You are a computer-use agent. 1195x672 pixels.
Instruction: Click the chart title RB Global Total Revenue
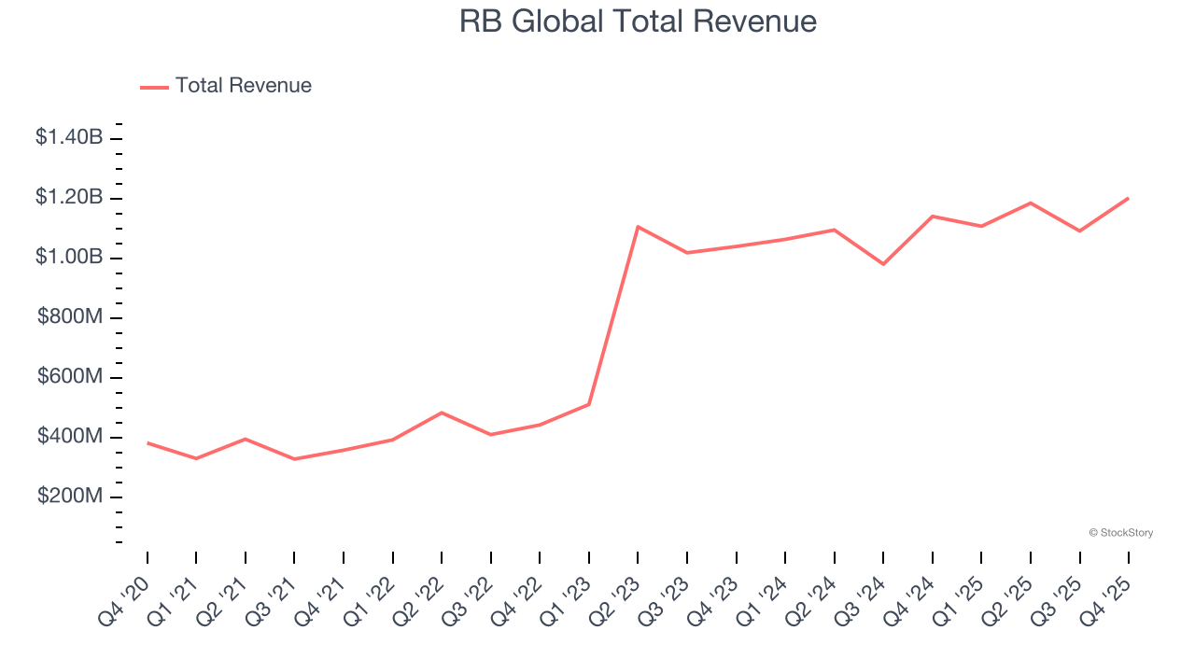638,21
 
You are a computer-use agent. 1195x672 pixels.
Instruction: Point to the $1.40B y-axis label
69,138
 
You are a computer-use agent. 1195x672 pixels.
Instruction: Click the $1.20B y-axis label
69,198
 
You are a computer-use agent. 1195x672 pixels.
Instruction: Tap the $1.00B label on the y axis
69,258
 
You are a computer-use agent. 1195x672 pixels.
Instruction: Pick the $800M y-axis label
71,317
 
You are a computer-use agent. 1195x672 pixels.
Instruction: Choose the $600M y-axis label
71,377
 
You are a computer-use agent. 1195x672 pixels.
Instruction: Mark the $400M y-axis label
71,437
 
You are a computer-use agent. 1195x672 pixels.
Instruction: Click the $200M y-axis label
71,497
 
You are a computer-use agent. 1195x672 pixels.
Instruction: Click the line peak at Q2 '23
638,227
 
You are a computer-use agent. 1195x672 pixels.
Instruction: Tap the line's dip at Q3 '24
883,264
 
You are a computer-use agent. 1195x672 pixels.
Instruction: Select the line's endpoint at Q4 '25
1128,198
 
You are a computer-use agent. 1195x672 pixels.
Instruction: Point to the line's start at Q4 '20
148,442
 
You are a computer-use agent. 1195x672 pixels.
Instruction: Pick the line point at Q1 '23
589,404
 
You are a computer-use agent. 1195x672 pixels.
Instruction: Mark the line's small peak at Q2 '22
442,413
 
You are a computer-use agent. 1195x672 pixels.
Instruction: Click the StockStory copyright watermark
1120,533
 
